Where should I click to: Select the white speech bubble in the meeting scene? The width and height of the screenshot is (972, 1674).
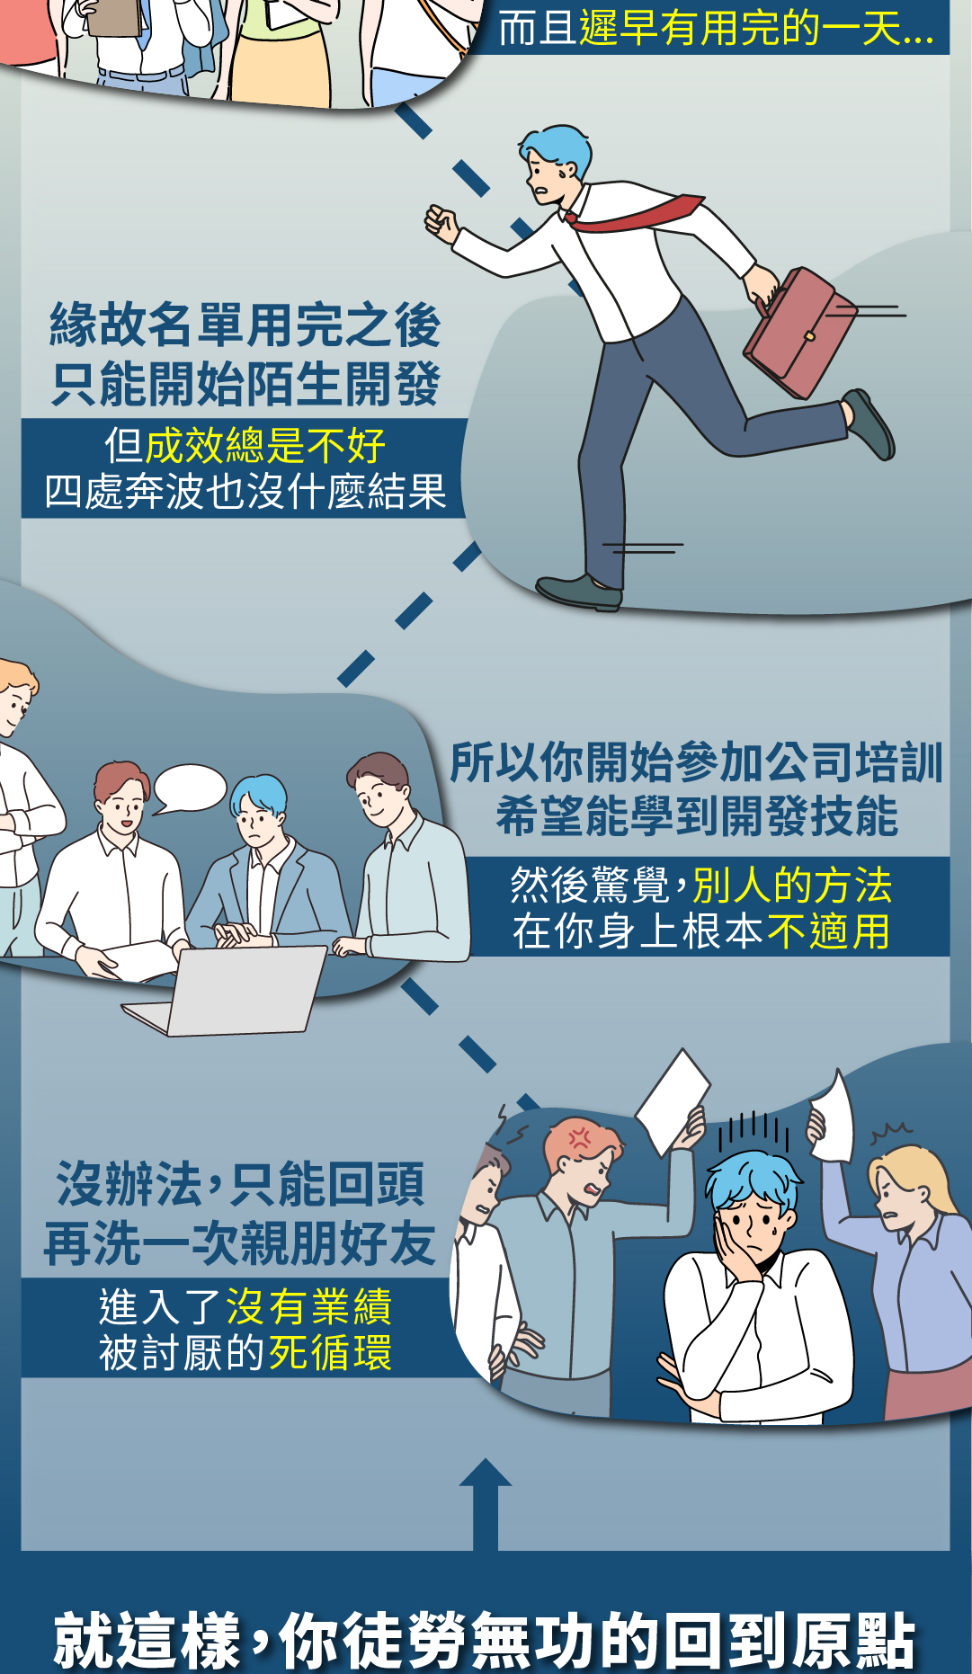(189, 788)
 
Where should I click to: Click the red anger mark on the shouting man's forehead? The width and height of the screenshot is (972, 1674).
(580, 1138)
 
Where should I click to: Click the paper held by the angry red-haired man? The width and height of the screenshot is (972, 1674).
(673, 1102)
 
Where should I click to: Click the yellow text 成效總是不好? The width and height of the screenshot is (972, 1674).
(265, 445)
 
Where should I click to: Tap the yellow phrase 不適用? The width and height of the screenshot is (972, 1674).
(828, 931)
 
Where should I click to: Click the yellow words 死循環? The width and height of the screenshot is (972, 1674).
(330, 1352)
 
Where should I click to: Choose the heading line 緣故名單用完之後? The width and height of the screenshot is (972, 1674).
(245, 325)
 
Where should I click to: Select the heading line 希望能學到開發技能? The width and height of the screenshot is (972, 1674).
(697, 816)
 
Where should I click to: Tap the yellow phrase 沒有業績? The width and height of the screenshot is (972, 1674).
(308, 1306)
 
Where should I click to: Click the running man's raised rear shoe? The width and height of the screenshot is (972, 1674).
(869, 424)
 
